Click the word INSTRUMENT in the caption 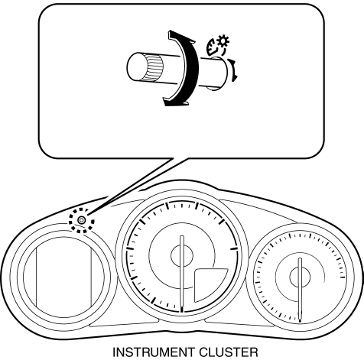[154, 352]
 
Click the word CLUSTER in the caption [229, 352]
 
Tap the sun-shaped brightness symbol [223, 41]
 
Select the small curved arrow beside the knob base [233, 70]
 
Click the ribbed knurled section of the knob [154, 68]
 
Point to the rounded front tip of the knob [135, 66]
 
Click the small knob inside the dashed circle [81, 220]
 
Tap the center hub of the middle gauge [182, 255]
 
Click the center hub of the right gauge [300, 277]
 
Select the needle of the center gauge [182, 274]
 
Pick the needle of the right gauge [300, 290]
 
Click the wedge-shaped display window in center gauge [208, 284]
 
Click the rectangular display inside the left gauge [63, 277]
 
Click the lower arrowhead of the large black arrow [176, 102]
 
